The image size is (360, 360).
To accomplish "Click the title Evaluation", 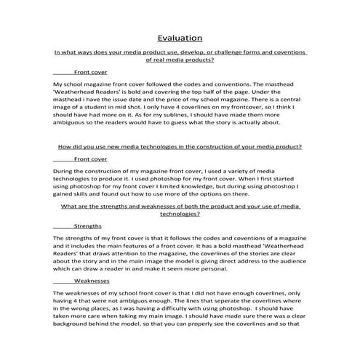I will tap(180, 38).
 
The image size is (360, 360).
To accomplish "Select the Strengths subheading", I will tap(88, 226).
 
